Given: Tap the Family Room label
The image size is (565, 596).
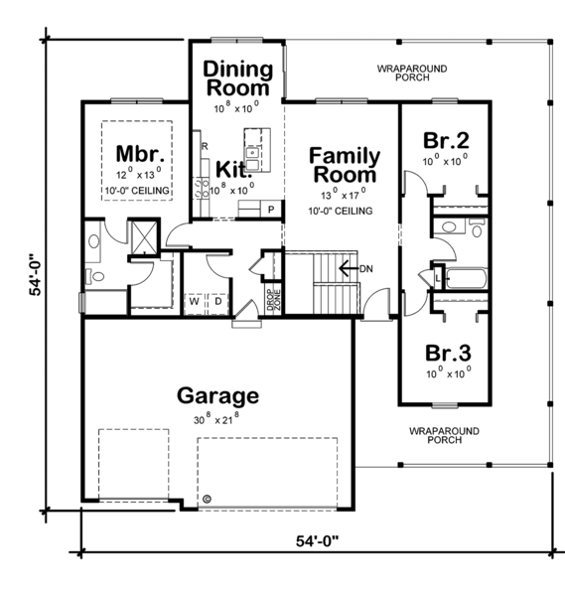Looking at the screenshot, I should [x=344, y=166].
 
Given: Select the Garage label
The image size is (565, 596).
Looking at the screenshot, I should [x=217, y=395].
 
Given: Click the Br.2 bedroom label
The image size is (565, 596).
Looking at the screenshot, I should [x=444, y=139].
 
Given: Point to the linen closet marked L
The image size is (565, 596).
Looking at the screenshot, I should [x=436, y=277].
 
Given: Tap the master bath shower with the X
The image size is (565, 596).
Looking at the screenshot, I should [x=142, y=235].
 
